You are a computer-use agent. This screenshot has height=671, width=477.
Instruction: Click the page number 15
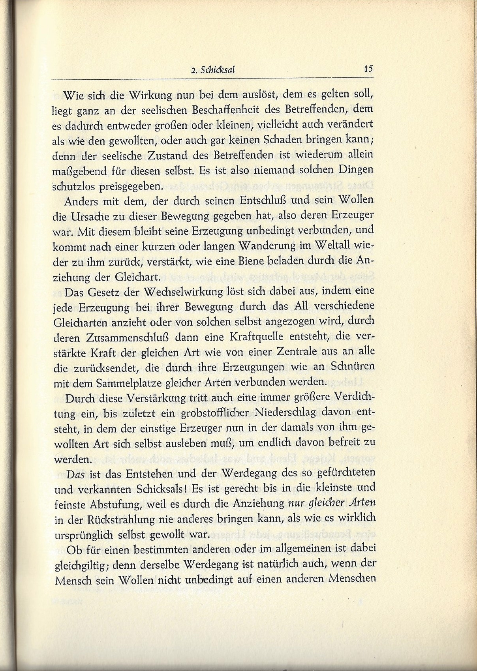click(x=368, y=68)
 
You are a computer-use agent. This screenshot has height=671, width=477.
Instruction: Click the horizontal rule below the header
click(x=213, y=80)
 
